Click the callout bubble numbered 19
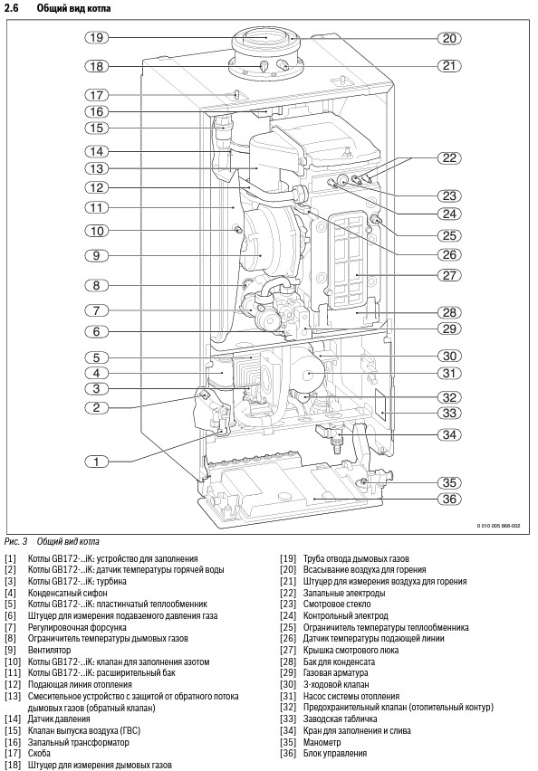click(97, 37)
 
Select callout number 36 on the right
click(449, 500)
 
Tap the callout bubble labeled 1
click(97, 462)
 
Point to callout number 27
click(449, 275)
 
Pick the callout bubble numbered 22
click(449, 157)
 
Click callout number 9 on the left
click(97, 255)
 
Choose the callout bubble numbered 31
click(449, 373)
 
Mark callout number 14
click(97, 151)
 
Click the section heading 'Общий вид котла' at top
click(74, 8)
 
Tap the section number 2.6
click(11, 8)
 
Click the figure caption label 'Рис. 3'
click(15, 542)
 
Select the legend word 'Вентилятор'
click(49, 650)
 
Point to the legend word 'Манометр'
click(322, 742)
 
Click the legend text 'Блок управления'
click(335, 753)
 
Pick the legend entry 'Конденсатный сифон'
click(67, 593)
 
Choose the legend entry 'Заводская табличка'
click(341, 719)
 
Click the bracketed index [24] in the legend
click(288, 615)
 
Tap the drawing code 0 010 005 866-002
click(498, 526)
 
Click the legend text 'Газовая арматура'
click(336, 673)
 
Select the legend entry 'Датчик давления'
click(59, 719)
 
